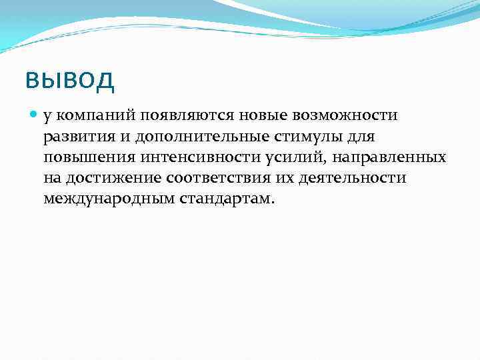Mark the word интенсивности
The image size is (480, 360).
(x=187, y=158)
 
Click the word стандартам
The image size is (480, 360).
(x=226, y=199)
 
